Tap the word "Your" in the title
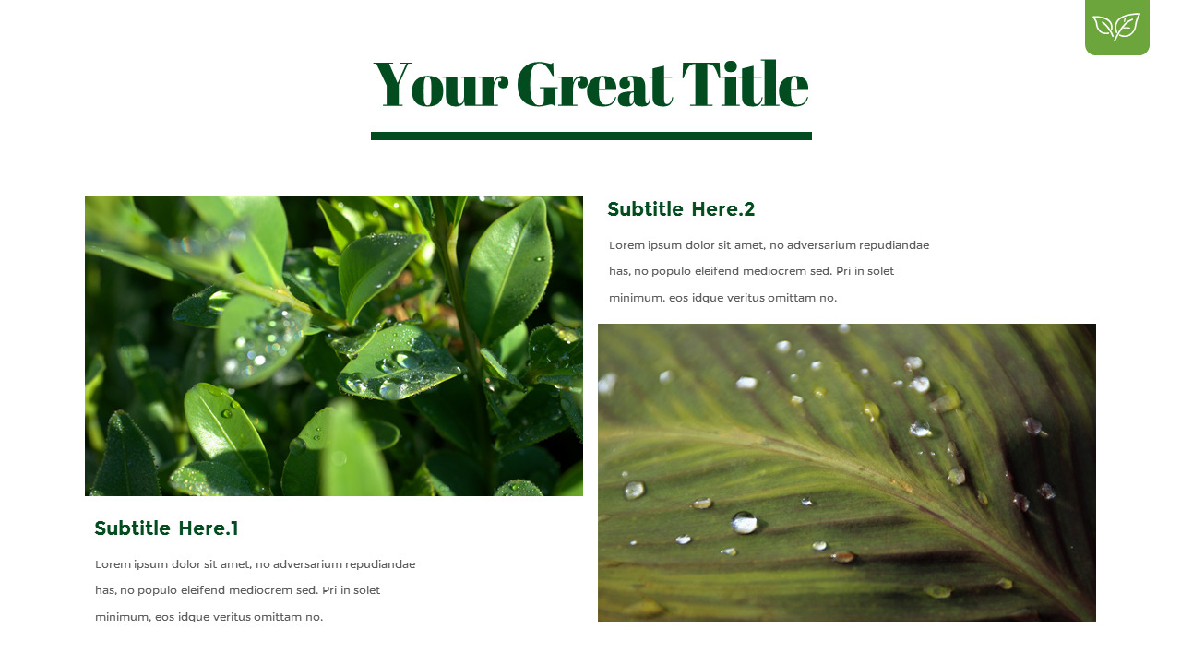click(x=440, y=85)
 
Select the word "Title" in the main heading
click(x=745, y=85)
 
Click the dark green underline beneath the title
click(x=590, y=136)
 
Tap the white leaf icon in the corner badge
click(x=1116, y=27)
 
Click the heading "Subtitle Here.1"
click(x=166, y=528)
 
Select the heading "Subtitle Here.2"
click(x=681, y=209)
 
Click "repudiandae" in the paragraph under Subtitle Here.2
click(x=891, y=245)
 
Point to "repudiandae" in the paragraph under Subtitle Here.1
click(x=377, y=564)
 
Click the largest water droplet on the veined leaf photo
click(x=744, y=523)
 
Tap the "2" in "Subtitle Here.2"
click(x=749, y=209)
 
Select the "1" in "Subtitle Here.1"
click(x=234, y=528)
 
